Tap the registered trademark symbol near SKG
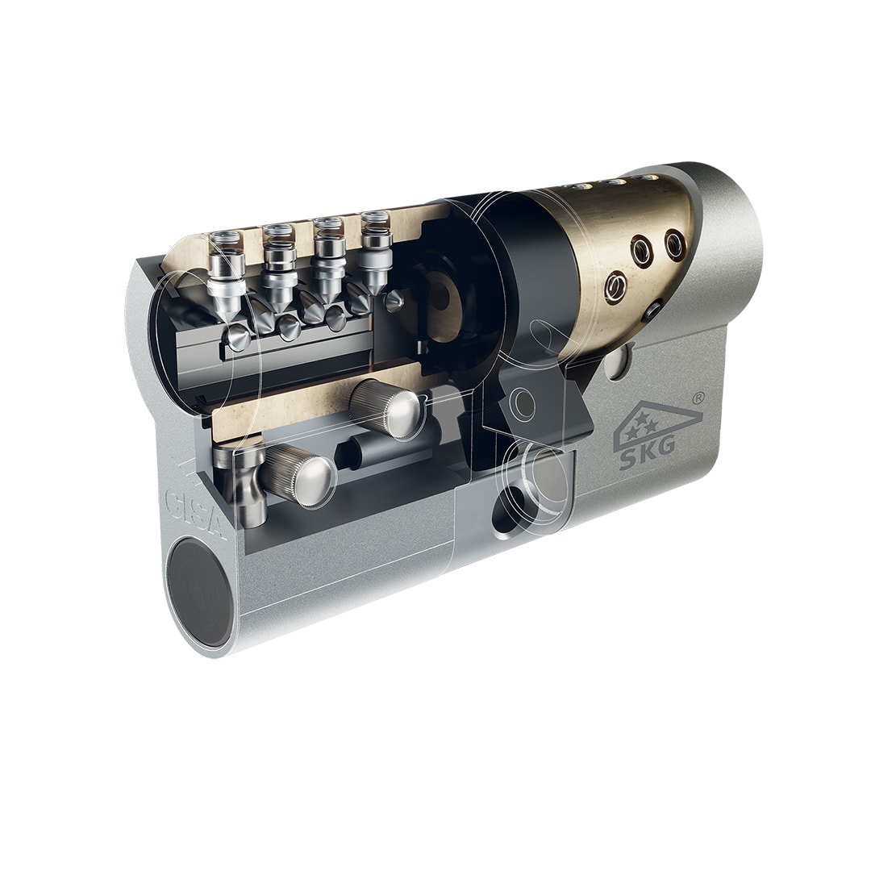point(700,398)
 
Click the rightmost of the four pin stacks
point(376,252)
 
